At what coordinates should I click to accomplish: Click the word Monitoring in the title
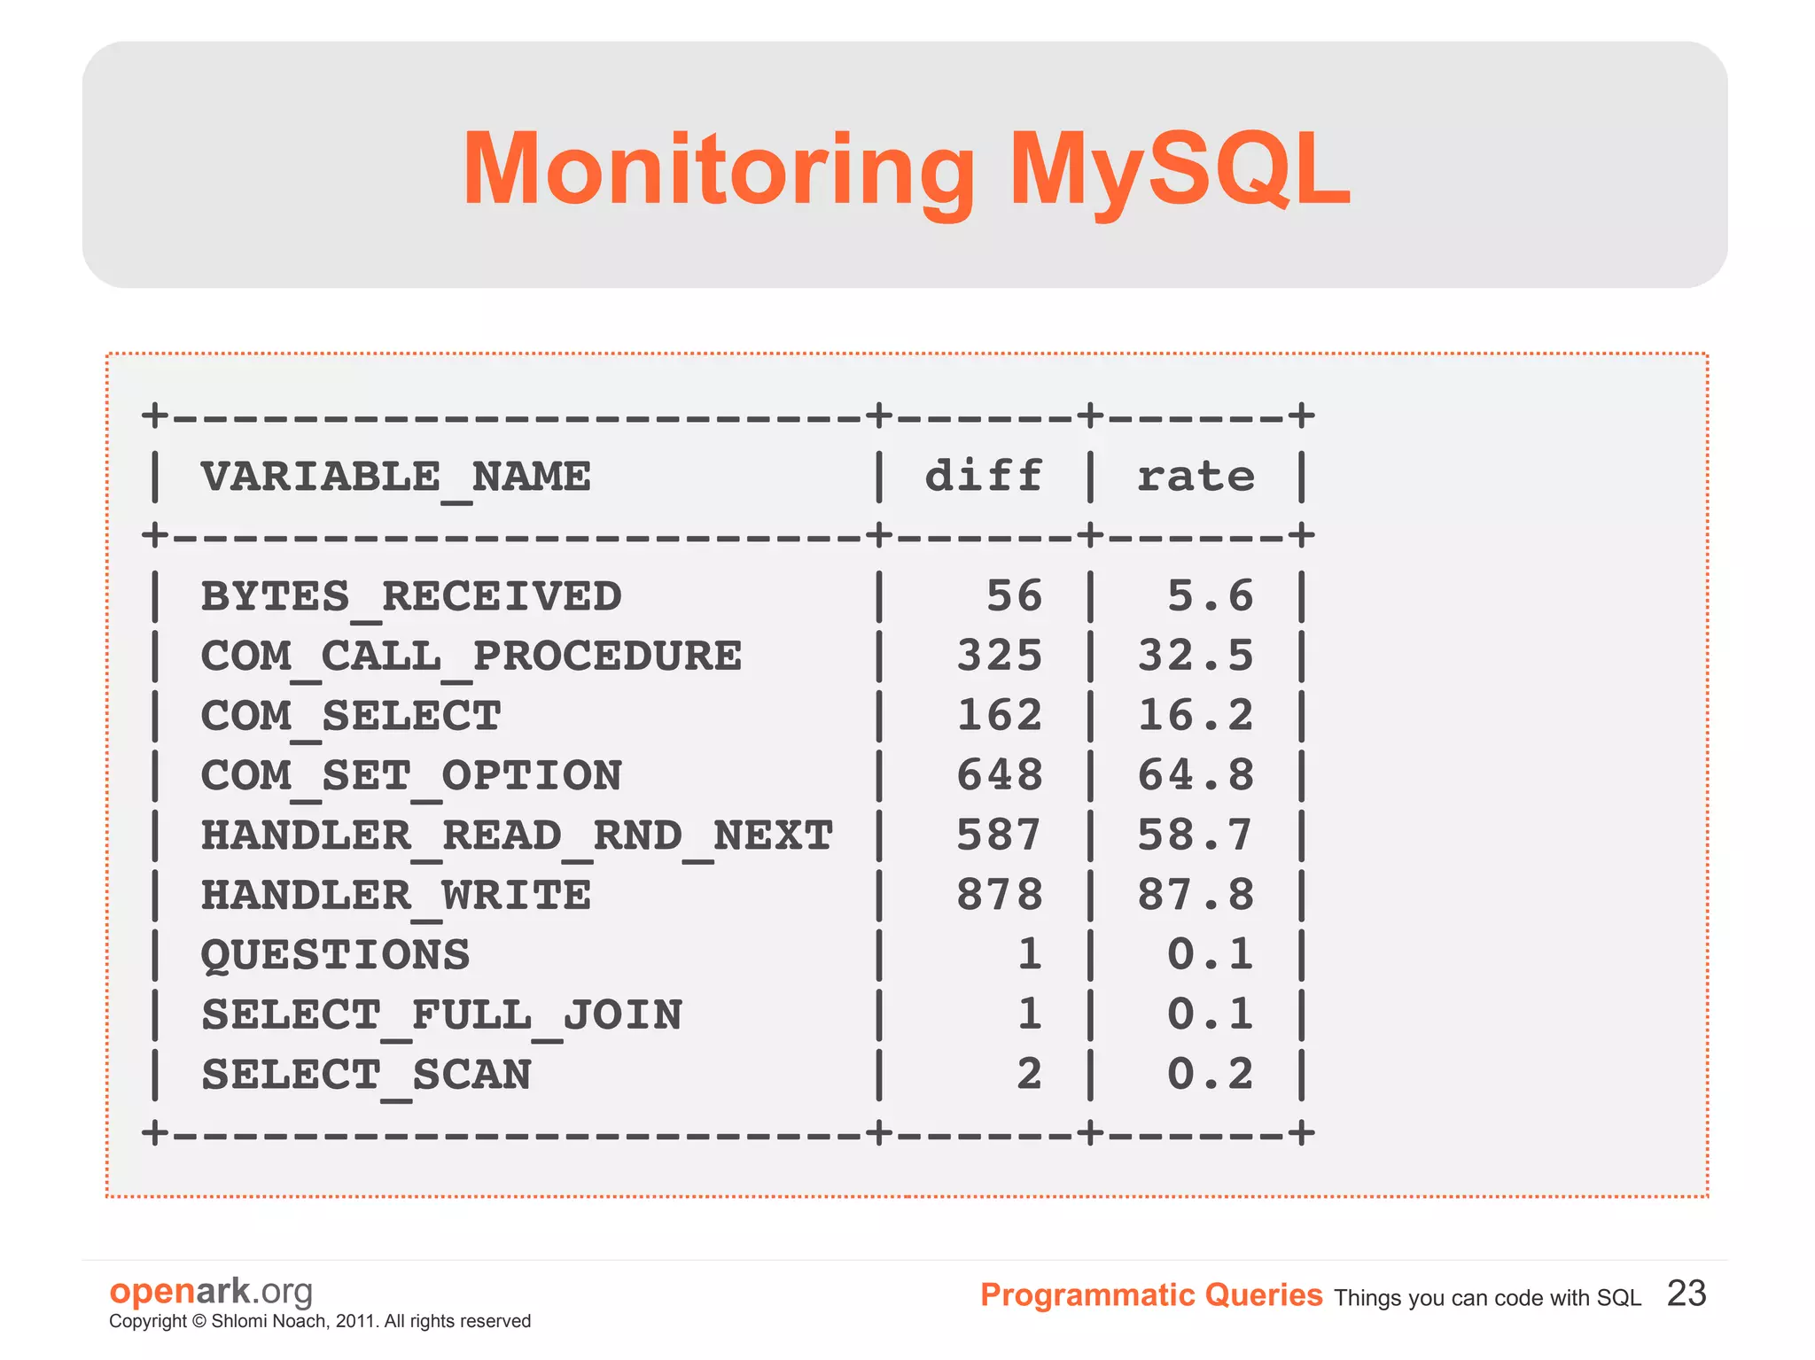point(718,169)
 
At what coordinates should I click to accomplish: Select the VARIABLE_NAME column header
point(395,478)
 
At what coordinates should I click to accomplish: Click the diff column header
point(984,477)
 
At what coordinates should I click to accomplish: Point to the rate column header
point(1196,477)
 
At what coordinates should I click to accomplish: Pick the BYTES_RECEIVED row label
point(411,596)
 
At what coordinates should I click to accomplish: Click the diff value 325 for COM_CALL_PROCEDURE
point(999,657)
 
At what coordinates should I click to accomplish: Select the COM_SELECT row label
point(351,716)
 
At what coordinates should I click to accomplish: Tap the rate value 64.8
point(1196,775)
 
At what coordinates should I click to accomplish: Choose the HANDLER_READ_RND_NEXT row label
point(517,835)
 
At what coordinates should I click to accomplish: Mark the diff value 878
point(999,895)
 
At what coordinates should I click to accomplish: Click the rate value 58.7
point(1196,835)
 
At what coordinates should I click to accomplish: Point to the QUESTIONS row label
point(335,955)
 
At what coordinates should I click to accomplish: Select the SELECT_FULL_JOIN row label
point(441,1015)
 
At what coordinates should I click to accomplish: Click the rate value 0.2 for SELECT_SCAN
point(1210,1075)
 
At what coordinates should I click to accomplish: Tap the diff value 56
point(1014,596)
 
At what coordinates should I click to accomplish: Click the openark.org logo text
point(211,1291)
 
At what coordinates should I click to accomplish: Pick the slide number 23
point(1686,1294)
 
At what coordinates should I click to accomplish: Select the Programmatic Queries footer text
point(1150,1295)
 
